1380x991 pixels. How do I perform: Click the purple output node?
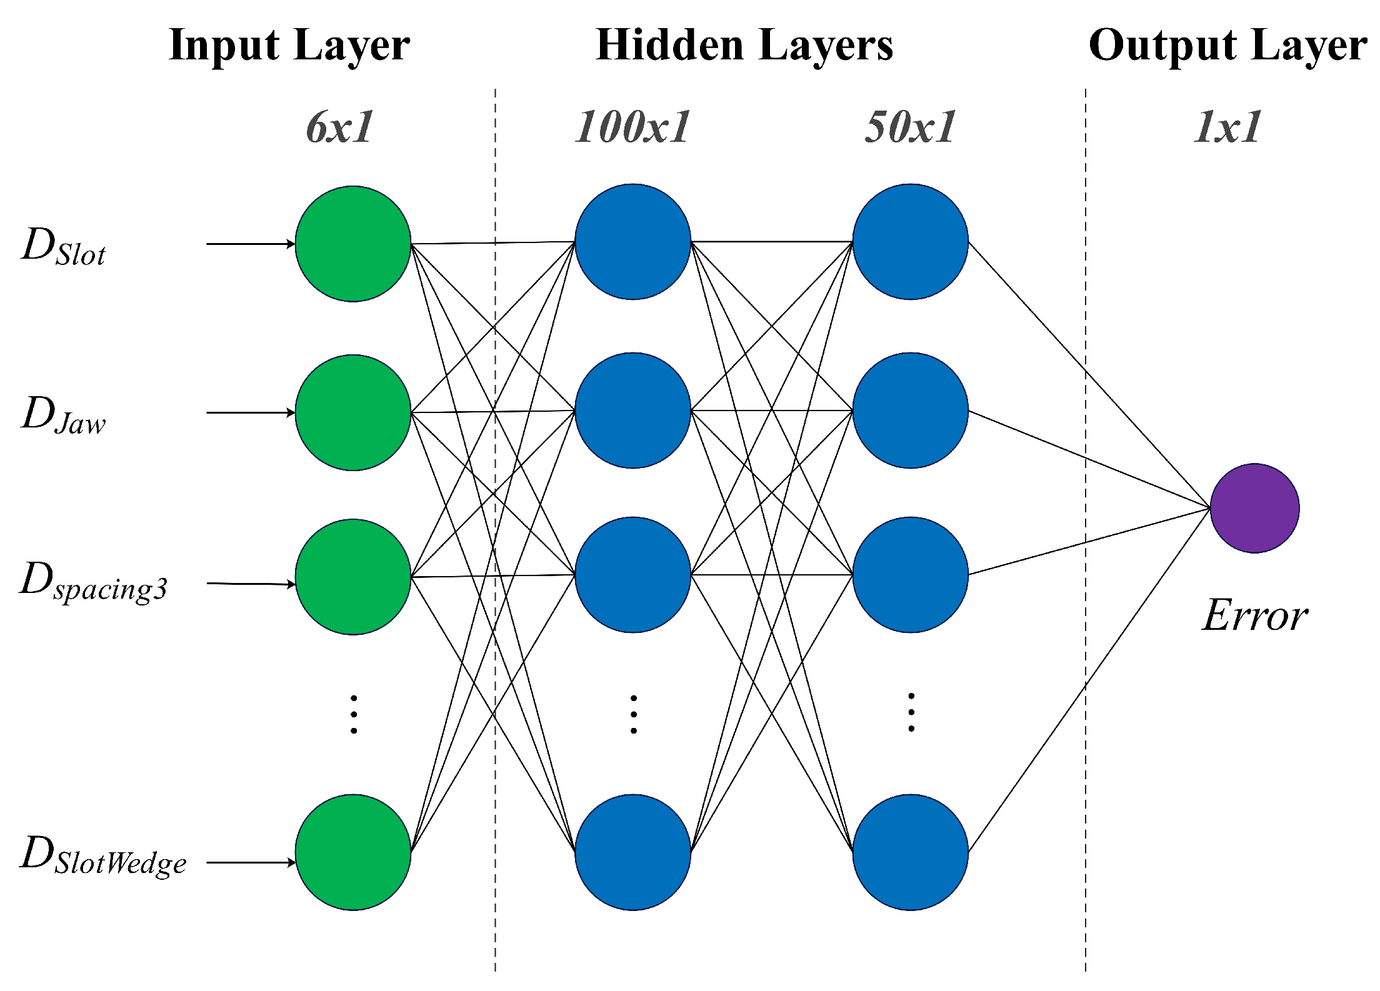1254,508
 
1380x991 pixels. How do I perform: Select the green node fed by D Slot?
353,244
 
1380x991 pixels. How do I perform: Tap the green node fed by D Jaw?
353,412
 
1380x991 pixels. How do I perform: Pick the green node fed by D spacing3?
353,577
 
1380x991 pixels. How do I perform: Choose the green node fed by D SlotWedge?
353,852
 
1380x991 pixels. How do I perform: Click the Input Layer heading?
289,45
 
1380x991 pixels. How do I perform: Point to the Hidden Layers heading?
744,45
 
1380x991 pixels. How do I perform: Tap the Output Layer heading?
1227,45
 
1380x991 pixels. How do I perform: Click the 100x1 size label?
632,127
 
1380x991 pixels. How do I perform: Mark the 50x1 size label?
910,127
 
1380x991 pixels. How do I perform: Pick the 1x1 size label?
1227,127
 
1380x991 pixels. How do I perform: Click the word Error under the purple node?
1254,615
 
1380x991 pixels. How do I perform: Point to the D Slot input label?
64,246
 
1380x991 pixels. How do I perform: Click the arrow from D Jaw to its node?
250,412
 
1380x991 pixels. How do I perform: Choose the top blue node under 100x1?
632,242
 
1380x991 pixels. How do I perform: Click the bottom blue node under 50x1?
910,852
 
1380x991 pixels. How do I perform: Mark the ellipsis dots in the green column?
354,714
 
